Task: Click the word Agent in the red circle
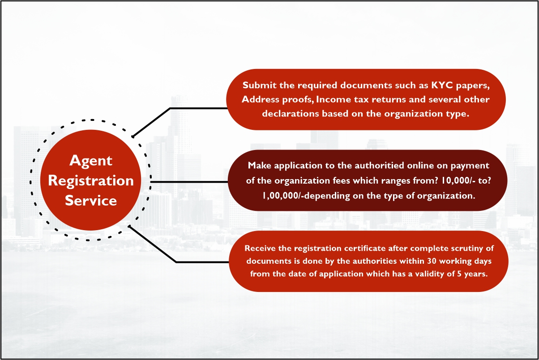tap(91, 161)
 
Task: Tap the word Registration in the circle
tap(91, 181)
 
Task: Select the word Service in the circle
tap(91, 201)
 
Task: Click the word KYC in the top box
tap(442, 85)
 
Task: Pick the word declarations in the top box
tap(291, 114)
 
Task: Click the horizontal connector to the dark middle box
tap(189, 182)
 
